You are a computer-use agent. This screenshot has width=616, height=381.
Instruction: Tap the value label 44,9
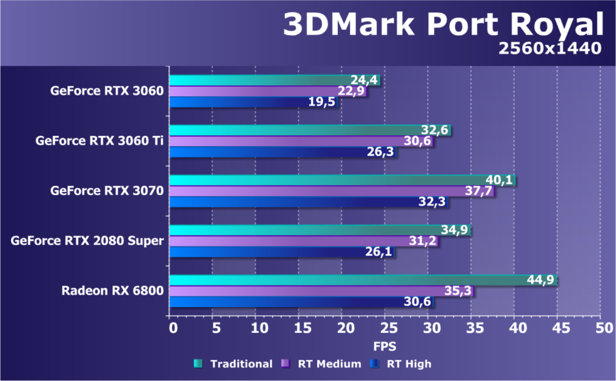coord(541,280)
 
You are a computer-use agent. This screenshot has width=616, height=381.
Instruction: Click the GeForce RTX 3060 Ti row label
coord(100,141)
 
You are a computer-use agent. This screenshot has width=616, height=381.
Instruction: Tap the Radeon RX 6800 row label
coord(112,291)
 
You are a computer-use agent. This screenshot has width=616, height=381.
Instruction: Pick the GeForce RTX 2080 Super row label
coord(87,241)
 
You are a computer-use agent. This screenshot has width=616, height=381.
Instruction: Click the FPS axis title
coord(385,344)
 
